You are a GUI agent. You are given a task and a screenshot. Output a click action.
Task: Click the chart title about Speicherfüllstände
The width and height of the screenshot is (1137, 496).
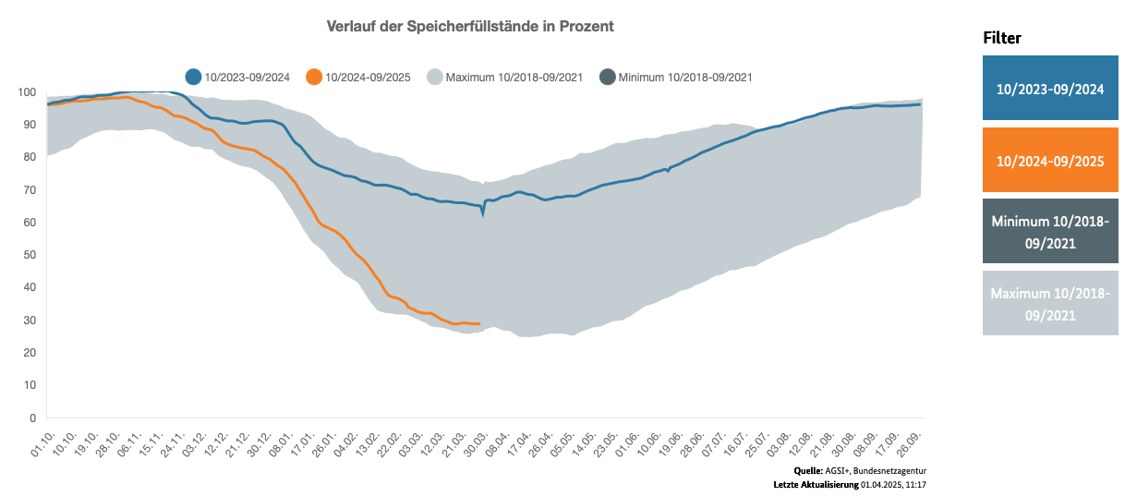pyautogui.click(x=470, y=27)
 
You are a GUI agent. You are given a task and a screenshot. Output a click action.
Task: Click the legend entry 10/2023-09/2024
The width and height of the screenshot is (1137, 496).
pyautogui.click(x=238, y=77)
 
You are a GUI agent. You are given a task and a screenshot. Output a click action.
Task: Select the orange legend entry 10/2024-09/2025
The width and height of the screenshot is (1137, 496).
pyautogui.click(x=360, y=77)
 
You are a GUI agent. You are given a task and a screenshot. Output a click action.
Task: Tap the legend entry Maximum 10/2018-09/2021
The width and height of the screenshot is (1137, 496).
pyautogui.click(x=504, y=77)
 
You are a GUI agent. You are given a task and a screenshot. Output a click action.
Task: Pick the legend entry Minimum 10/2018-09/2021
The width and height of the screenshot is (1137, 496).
pyautogui.click(x=676, y=77)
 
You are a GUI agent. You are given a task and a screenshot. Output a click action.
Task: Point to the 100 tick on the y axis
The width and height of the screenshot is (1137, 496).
pyautogui.click(x=26, y=92)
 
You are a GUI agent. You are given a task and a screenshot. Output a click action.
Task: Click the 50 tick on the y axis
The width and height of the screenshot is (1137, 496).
pyautogui.click(x=29, y=255)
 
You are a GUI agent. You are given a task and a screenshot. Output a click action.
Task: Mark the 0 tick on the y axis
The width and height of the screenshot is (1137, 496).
pyautogui.click(x=31, y=417)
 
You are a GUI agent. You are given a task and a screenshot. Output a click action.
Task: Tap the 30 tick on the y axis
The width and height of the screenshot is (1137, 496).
pyautogui.click(x=29, y=321)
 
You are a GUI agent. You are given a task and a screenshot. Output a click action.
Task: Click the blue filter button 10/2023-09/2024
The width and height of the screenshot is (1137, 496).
pyautogui.click(x=1050, y=89)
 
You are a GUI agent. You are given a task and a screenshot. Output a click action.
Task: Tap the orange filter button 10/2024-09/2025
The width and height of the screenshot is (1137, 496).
pyautogui.click(x=1050, y=161)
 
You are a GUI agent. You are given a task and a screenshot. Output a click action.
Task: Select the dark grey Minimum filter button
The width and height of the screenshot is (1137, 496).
pyautogui.click(x=1050, y=232)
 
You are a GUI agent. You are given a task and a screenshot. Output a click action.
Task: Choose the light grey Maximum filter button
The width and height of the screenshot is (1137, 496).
pyautogui.click(x=1050, y=304)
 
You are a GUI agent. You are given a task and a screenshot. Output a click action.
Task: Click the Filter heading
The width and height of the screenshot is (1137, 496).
pyautogui.click(x=1002, y=38)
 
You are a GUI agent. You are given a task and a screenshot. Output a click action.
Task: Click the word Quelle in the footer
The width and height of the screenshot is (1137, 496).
pyautogui.click(x=808, y=472)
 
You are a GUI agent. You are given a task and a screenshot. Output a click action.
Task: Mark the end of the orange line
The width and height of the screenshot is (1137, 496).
pyautogui.click(x=479, y=324)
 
